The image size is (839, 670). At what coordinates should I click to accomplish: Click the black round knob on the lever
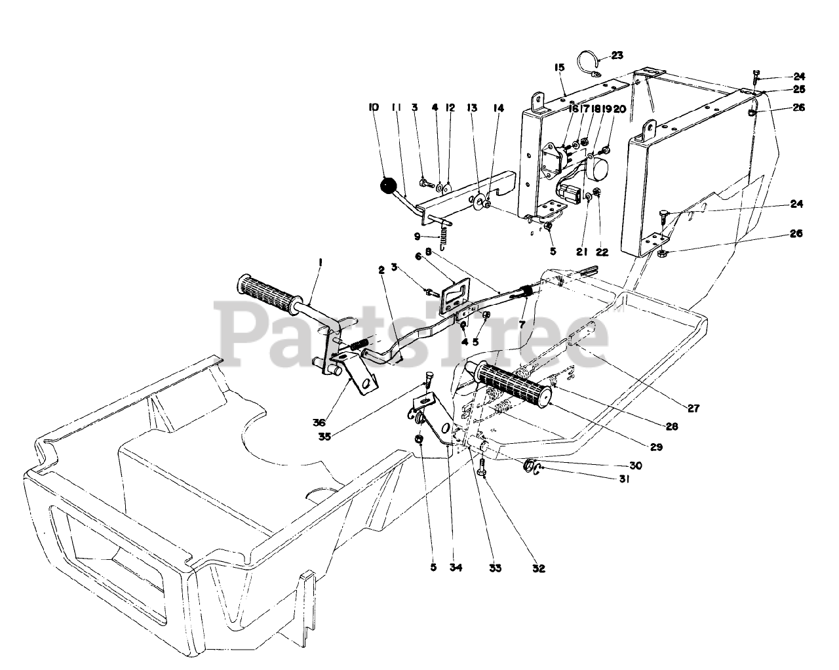(x=389, y=186)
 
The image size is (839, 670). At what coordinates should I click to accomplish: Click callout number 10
(x=374, y=107)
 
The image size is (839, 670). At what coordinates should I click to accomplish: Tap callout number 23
(x=617, y=56)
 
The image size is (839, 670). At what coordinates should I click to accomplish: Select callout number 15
(x=559, y=68)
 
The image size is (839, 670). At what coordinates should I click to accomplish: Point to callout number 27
(x=693, y=408)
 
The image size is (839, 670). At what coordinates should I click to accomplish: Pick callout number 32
(x=539, y=568)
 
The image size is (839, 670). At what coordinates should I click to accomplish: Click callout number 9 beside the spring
(x=418, y=237)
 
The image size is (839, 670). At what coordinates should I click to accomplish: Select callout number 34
(x=456, y=568)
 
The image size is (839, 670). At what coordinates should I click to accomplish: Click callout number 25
(x=798, y=89)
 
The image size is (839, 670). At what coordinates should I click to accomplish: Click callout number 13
(x=471, y=107)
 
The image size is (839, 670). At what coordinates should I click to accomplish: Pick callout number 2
(x=380, y=269)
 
